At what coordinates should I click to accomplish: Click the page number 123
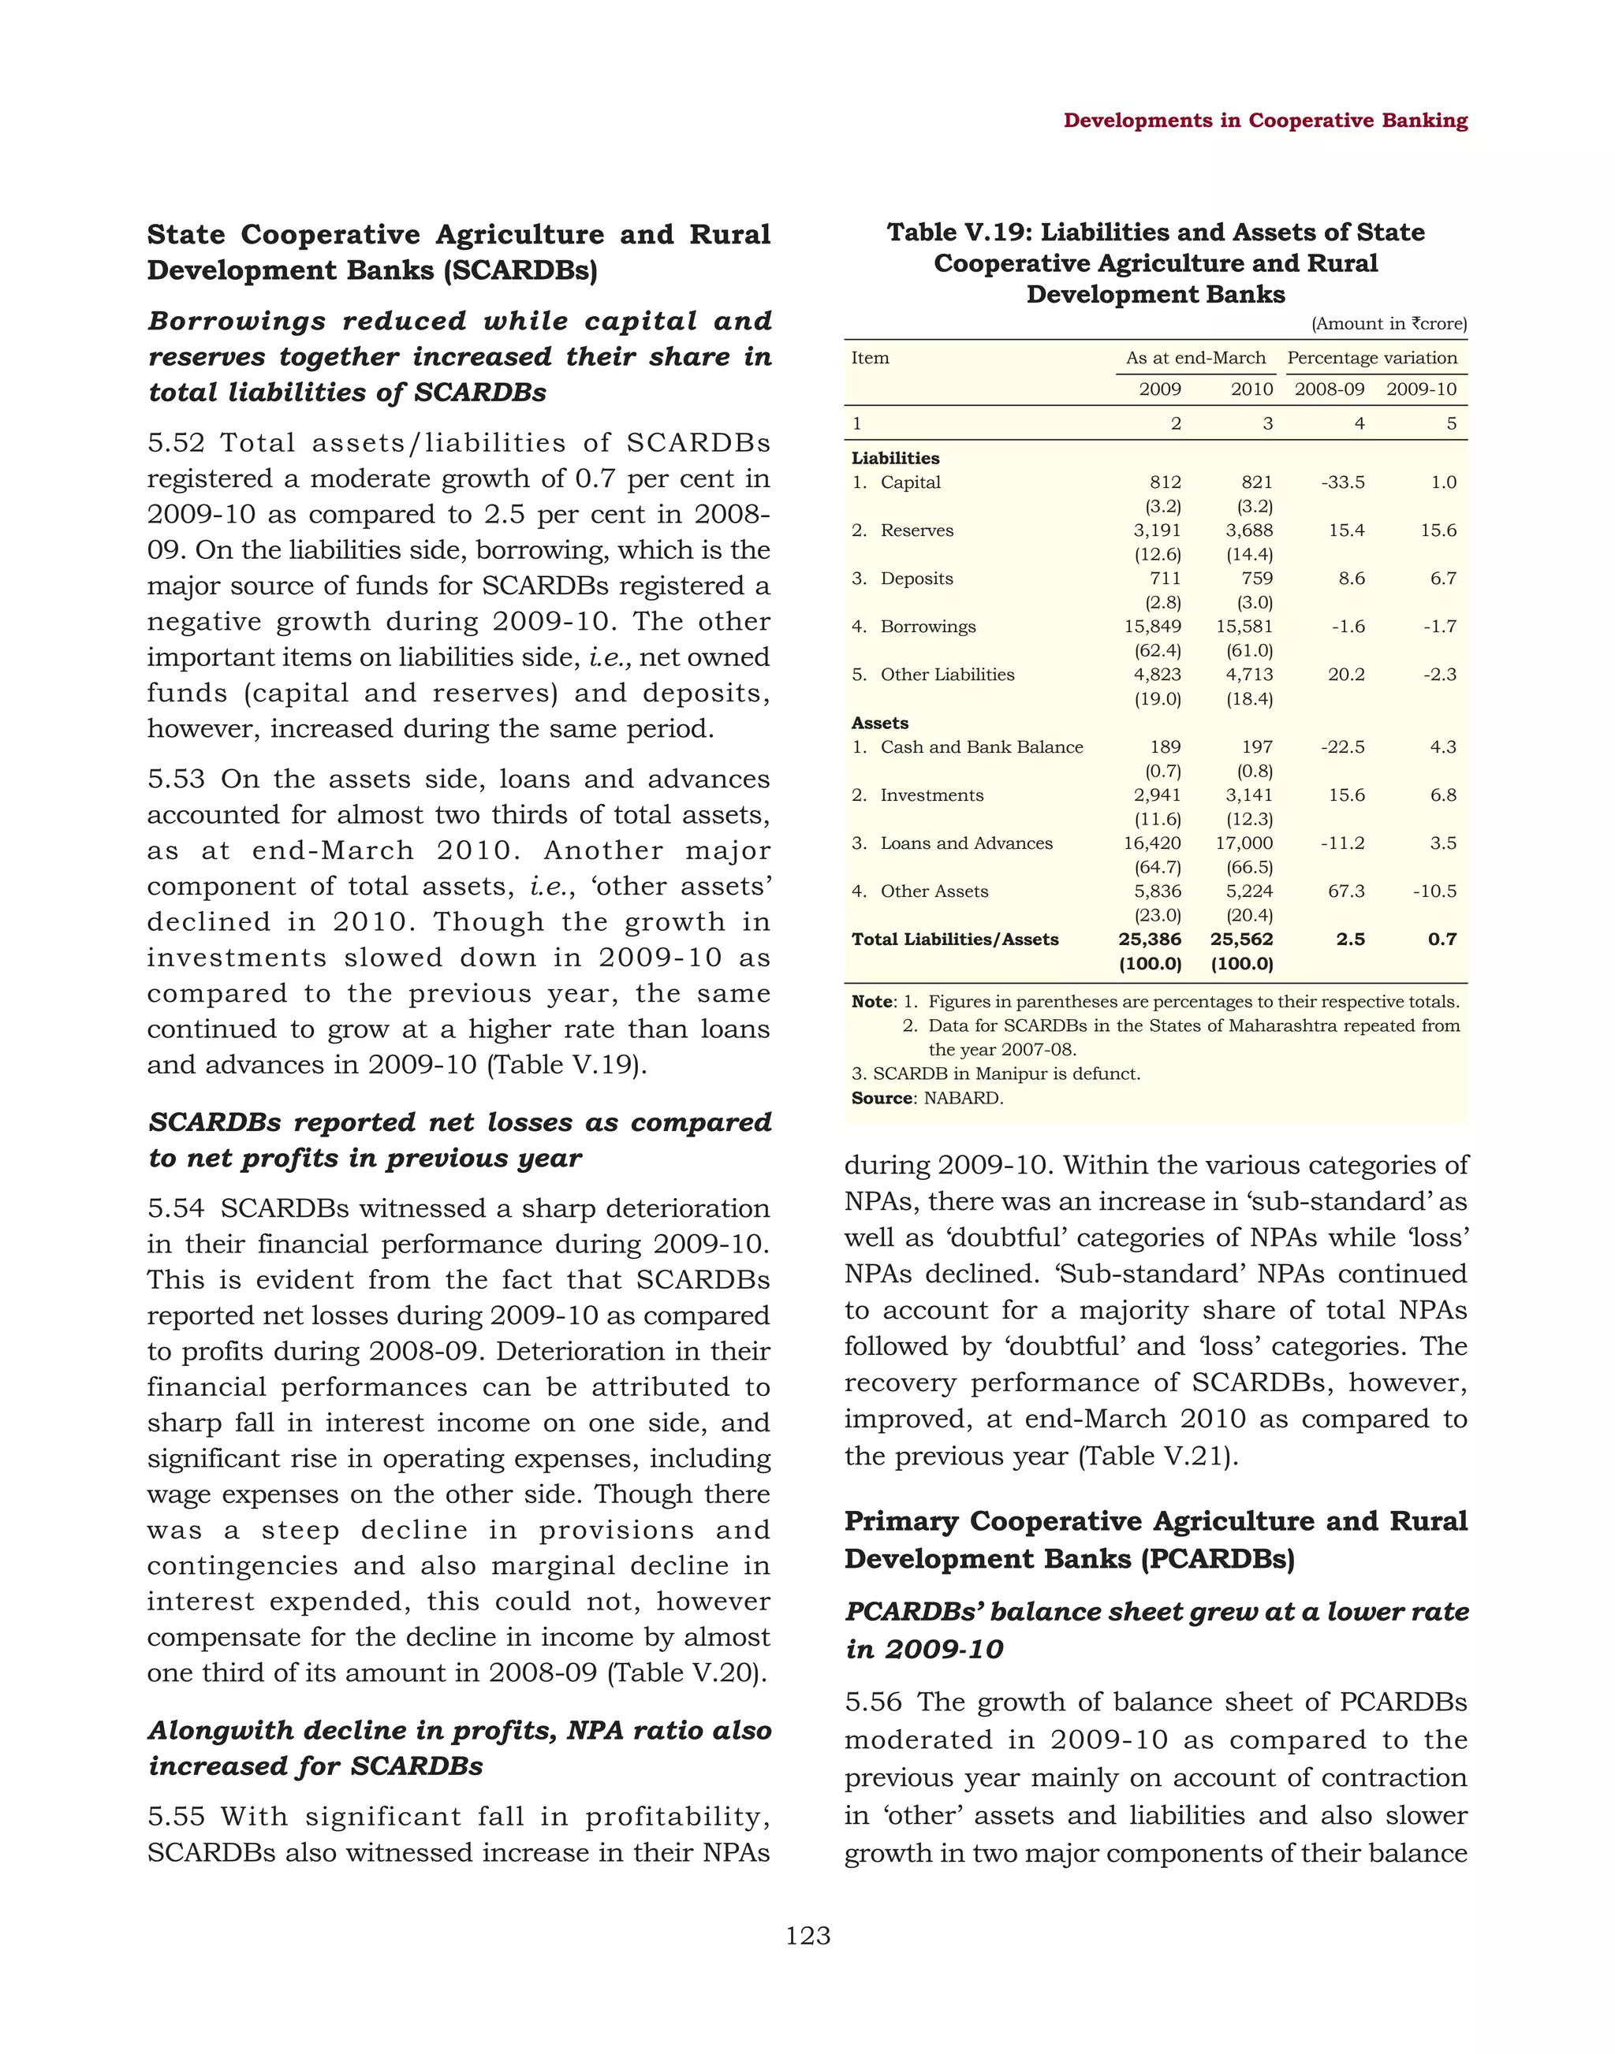point(807,1936)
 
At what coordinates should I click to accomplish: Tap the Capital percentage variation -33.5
point(1343,482)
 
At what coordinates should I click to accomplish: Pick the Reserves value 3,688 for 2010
point(1249,530)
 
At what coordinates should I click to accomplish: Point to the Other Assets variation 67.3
point(1345,891)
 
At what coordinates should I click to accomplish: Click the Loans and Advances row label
point(965,843)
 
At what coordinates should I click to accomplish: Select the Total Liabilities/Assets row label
point(954,940)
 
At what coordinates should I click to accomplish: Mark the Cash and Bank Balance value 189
point(1165,746)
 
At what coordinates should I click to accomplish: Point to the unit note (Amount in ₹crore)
point(1388,324)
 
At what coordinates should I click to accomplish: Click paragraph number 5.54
point(176,1209)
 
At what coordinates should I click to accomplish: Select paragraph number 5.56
point(873,1702)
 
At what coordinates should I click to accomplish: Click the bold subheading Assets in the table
point(879,723)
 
